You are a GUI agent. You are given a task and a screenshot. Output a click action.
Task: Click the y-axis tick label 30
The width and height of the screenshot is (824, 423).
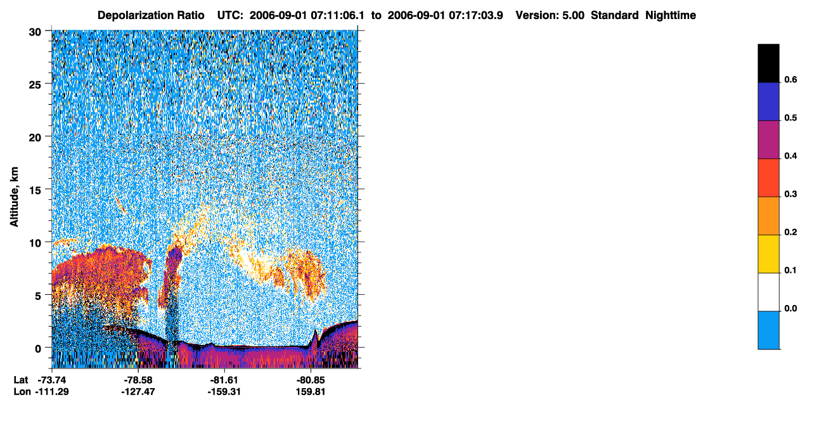click(35, 32)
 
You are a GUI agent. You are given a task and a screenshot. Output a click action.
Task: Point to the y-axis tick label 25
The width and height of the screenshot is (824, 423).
click(35, 85)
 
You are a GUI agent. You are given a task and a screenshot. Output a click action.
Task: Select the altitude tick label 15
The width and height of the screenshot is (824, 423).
click(35, 191)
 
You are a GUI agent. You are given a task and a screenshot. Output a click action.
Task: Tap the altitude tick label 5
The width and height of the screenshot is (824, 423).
click(38, 296)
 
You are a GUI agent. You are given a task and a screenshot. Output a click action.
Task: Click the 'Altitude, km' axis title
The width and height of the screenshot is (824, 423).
click(14, 197)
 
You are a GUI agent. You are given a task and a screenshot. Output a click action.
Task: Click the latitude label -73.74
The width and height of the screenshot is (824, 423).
click(52, 381)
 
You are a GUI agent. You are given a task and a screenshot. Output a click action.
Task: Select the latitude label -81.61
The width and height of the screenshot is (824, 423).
click(224, 381)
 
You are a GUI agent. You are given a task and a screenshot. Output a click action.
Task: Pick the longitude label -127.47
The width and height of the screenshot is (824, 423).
click(138, 392)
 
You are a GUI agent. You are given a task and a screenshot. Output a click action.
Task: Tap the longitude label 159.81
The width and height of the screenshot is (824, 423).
click(311, 392)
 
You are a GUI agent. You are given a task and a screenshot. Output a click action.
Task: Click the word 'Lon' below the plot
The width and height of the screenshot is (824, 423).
click(22, 392)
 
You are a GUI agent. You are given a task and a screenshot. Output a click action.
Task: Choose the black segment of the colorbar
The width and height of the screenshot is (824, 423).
click(768, 63)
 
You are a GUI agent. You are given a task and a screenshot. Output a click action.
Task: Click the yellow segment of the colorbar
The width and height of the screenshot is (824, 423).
click(768, 254)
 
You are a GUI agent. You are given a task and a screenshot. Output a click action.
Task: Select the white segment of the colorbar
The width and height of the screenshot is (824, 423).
click(768, 292)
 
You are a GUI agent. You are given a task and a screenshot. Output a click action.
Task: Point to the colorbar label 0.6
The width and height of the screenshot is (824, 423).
click(790, 80)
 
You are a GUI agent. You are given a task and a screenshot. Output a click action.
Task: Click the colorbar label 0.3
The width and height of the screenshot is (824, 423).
click(790, 195)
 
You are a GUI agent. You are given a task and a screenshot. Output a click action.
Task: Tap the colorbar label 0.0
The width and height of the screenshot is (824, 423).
click(790, 308)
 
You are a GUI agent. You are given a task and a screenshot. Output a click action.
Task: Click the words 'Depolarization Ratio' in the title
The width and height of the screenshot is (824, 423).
click(151, 15)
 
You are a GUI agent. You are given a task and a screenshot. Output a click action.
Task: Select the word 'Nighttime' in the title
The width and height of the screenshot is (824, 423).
click(671, 15)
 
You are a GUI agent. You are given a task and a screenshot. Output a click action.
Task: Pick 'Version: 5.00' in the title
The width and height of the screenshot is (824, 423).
click(550, 15)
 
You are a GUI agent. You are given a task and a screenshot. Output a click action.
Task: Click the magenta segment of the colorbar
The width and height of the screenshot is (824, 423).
click(768, 140)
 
